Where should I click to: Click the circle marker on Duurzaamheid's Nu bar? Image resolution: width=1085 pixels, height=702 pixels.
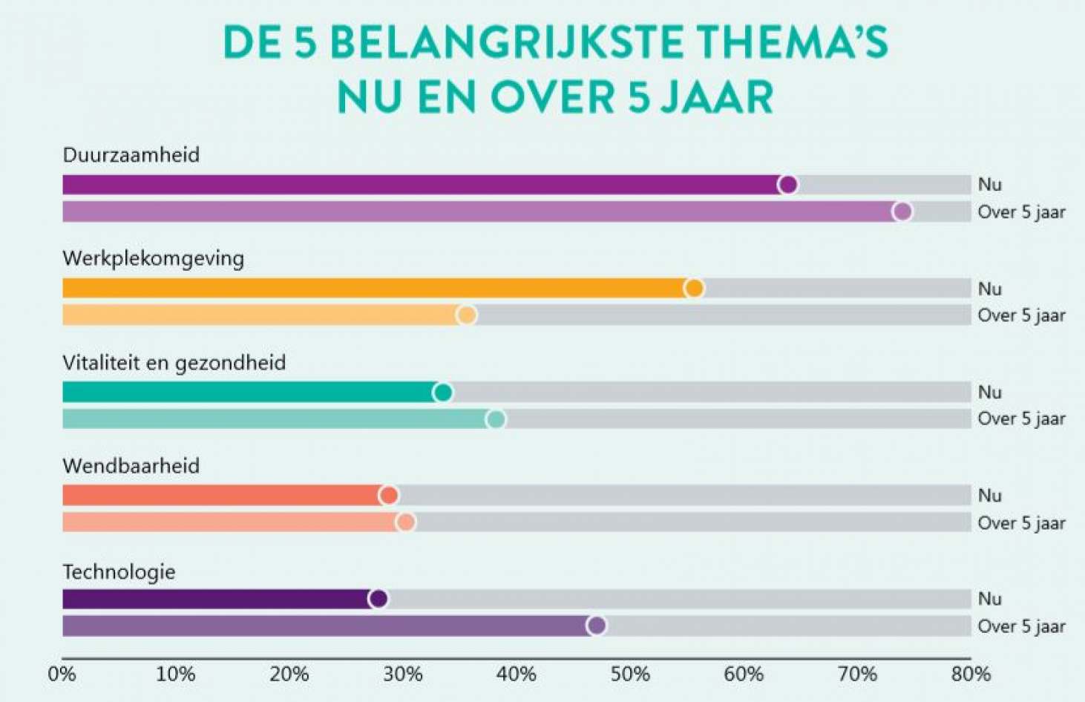[x=788, y=185]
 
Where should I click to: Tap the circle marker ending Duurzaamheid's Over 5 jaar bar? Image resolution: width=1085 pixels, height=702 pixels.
[x=902, y=212]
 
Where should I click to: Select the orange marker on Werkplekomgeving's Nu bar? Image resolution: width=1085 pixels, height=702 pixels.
[x=694, y=288]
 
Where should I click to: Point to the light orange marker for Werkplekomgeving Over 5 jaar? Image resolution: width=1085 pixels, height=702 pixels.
[x=466, y=315]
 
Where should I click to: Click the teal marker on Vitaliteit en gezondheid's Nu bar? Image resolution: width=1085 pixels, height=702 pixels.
[x=443, y=392]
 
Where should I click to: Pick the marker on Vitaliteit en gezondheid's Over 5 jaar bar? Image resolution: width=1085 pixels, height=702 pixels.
[x=496, y=419]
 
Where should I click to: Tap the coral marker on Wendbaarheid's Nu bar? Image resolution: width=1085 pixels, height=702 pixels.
[x=388, y=495]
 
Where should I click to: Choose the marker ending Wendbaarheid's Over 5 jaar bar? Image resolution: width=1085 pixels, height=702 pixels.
[x=405, y=522]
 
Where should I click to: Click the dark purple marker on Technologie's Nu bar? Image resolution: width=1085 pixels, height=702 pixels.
[x=378, y=599]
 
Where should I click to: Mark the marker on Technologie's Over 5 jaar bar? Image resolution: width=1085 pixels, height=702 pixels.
[x=597, y=626]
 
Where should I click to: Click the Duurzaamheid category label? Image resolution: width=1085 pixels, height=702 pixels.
[x=131, y=155]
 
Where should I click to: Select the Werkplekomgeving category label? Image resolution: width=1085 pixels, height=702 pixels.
[x=153, y=258]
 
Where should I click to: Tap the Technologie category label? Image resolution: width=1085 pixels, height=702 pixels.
[x=119, y=572]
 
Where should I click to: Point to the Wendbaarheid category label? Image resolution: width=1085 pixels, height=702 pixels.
[x=131, y=466]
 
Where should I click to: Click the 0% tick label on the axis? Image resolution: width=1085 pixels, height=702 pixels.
[x=62, y=675]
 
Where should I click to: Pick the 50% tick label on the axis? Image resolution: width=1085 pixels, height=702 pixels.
[x=630, y=675]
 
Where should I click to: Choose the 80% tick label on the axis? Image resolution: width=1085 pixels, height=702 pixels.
[x=971, y=675]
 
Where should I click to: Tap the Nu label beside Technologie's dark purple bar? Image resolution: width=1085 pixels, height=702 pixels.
[x=990, y=599]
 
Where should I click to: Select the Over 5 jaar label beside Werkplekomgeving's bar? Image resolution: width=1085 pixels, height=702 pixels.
[x=1021, y=315]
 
